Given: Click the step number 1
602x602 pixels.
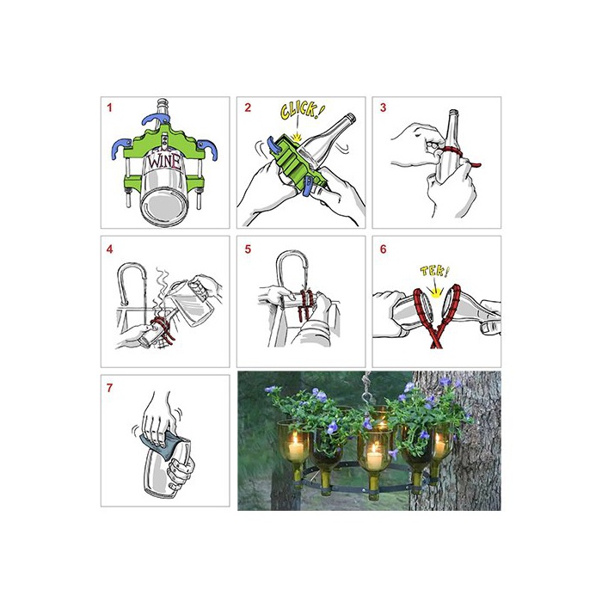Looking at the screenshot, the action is pos(109,107).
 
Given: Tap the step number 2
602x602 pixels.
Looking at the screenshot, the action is pos(248,107).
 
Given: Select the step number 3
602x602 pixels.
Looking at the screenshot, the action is pos(383,107).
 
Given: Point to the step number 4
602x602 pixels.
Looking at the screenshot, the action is pos(110,249).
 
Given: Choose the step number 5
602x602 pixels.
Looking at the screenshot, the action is pos(248,249).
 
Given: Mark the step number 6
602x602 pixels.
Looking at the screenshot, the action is pos(383,249).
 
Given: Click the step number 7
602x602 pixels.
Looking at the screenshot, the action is pos(110,388).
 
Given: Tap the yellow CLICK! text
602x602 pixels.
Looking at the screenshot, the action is pos(302,111).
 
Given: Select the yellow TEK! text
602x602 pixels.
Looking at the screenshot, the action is pos(434,272).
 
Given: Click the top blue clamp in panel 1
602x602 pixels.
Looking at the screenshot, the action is pos(157,119).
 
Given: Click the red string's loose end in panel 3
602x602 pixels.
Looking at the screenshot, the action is pos(476,165).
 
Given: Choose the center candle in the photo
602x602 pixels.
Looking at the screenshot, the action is pos(374,457).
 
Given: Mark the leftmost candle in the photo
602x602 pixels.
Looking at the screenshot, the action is pos(296,447).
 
